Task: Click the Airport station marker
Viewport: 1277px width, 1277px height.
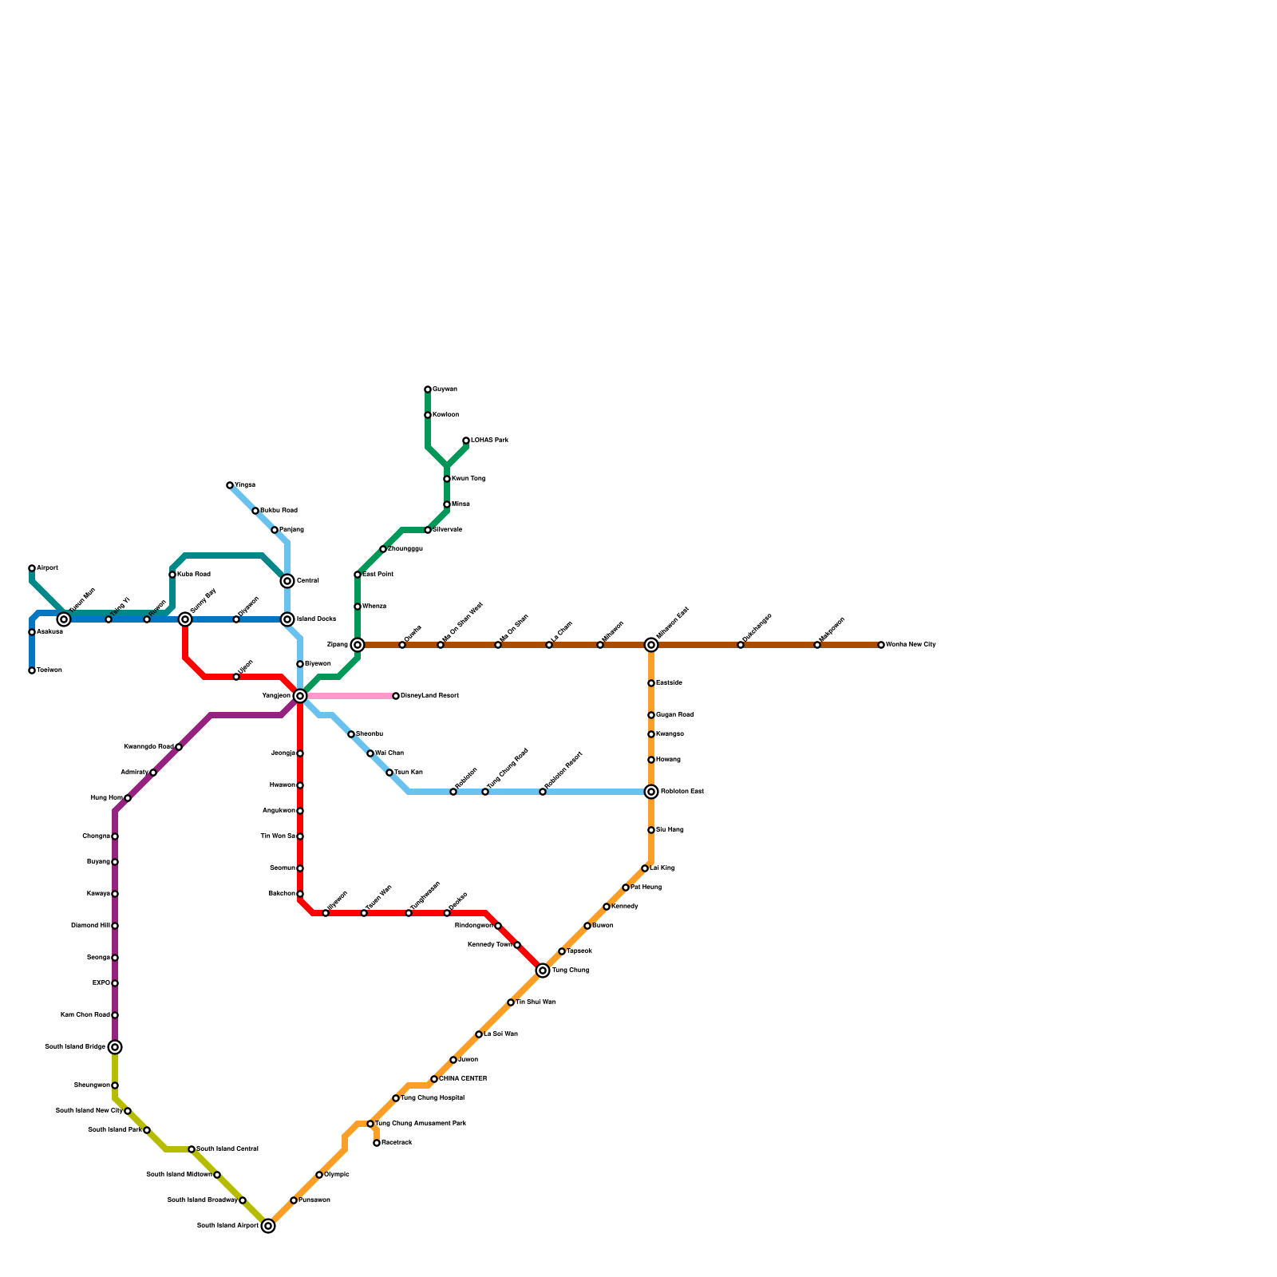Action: coord(32,568)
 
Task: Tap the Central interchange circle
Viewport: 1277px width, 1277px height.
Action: coord(287,581)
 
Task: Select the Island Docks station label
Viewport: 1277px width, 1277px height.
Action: coord(316,619)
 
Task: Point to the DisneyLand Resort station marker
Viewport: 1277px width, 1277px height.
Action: coord(396,696)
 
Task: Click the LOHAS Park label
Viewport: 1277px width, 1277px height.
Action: coord(489,441)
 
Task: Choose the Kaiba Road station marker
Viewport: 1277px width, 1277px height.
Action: coord(172,575)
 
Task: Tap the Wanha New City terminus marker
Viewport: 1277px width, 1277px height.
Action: coord(881,645)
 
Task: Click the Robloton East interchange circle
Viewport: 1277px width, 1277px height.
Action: coord(651,792)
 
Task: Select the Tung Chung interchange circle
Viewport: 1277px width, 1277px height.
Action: coord(543,971)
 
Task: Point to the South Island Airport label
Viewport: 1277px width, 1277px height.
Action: coord(227,1226)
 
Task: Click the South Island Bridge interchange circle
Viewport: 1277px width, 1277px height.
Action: coord(115,1047)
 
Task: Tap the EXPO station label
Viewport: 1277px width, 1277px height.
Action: coord(101,983)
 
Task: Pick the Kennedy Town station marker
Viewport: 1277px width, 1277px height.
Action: coord(517,945)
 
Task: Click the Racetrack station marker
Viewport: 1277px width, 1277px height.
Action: coord(377,1143)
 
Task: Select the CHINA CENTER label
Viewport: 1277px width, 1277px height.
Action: coord(463,1079)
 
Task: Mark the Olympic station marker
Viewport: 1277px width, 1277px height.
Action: coord(319,1175)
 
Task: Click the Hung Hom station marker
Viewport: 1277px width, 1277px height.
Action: coord(128,798)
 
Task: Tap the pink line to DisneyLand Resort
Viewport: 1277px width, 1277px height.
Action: coord(351,696)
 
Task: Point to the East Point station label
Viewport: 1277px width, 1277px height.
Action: coord(378,575)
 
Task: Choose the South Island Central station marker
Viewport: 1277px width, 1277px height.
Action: coord(192,1149)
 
